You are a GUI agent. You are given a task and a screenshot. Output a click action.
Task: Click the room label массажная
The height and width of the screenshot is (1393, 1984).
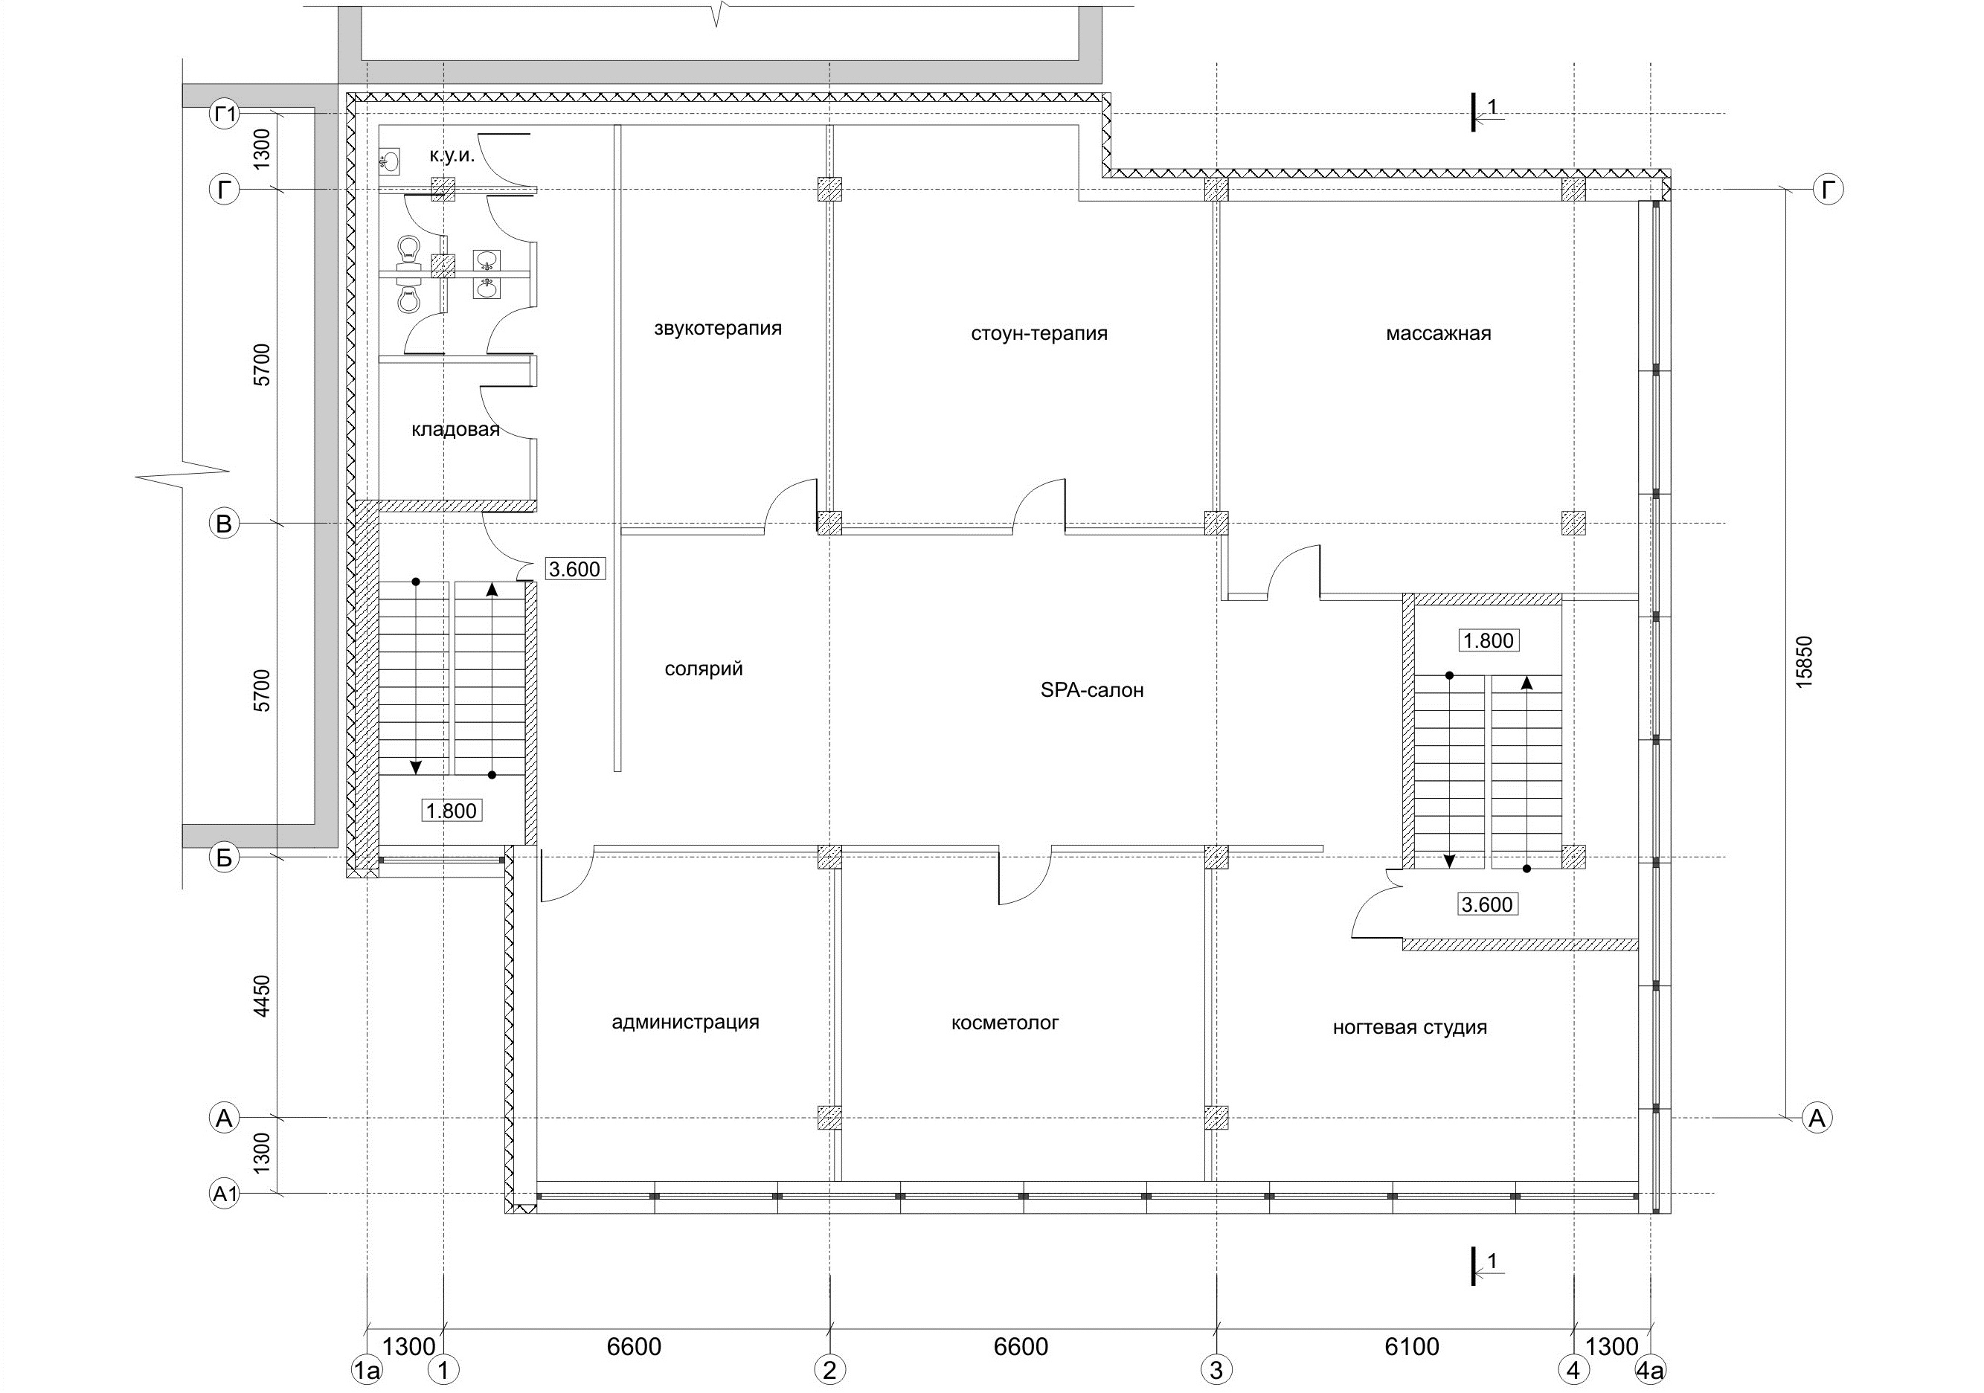[1438, 333]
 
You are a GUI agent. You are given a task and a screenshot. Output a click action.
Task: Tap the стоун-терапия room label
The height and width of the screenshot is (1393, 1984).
[1038, 333]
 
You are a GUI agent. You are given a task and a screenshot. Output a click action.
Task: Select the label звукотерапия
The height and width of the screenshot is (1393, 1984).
[717, 329]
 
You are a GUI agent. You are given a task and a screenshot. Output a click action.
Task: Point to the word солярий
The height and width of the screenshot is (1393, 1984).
[704, 669]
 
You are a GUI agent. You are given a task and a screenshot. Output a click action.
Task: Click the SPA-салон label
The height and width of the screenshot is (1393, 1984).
[1092, 690]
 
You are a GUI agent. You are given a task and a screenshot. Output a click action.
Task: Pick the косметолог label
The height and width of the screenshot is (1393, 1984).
[1004, 1023]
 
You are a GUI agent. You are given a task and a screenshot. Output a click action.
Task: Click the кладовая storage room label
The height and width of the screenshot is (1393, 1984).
[455, 429]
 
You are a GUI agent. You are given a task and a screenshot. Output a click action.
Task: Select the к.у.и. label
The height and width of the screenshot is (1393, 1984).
[452, 155]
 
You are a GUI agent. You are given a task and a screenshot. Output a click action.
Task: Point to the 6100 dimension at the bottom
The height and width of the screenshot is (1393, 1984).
[1412, 1347]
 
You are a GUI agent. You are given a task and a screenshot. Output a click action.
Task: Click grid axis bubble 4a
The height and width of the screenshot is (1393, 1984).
[1651, 1370]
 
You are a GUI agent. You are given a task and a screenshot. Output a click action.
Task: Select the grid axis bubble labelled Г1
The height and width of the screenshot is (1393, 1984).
[225, 113]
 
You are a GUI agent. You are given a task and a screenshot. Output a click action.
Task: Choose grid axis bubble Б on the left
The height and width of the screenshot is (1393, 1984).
[225, 858]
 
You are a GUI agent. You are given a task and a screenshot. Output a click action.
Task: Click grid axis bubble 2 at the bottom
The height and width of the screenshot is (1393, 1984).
[829, 1370]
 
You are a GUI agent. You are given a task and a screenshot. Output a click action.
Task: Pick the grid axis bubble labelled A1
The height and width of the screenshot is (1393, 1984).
[225, 1194]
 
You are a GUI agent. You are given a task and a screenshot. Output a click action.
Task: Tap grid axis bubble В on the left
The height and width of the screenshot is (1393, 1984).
[225, 524]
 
